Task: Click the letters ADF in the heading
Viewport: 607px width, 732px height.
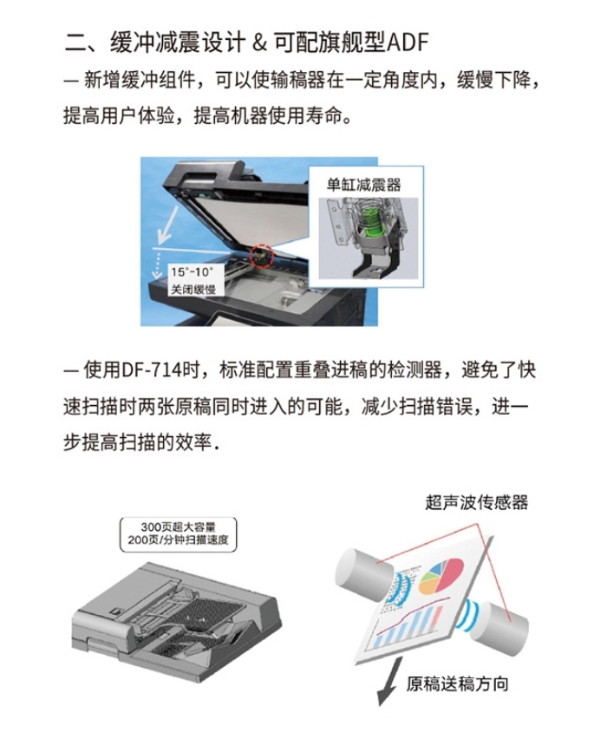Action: (x=408, y=42)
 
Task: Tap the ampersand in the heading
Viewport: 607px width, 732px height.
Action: (x=259, y=42)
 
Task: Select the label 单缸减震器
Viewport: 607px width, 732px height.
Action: (x=363, y=185)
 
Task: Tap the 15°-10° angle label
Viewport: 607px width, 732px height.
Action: (x=192, y=272)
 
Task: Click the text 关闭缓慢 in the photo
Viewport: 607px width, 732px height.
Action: (x=193, y=289)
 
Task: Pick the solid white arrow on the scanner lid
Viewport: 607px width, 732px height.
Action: (x=168, y=224)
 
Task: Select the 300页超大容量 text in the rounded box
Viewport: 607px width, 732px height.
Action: (x=178, y=527)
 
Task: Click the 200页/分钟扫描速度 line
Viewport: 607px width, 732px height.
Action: (x=178, y=540)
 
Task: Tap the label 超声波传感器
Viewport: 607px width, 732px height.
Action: (x=476, y=502)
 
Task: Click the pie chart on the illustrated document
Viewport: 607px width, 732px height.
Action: (x=441, y=576)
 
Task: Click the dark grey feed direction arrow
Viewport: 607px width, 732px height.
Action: (x=391, y=682)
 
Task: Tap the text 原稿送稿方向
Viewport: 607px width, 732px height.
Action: (x=457, y=684)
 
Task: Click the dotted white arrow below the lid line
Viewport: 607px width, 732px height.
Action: (x=157, y=265)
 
